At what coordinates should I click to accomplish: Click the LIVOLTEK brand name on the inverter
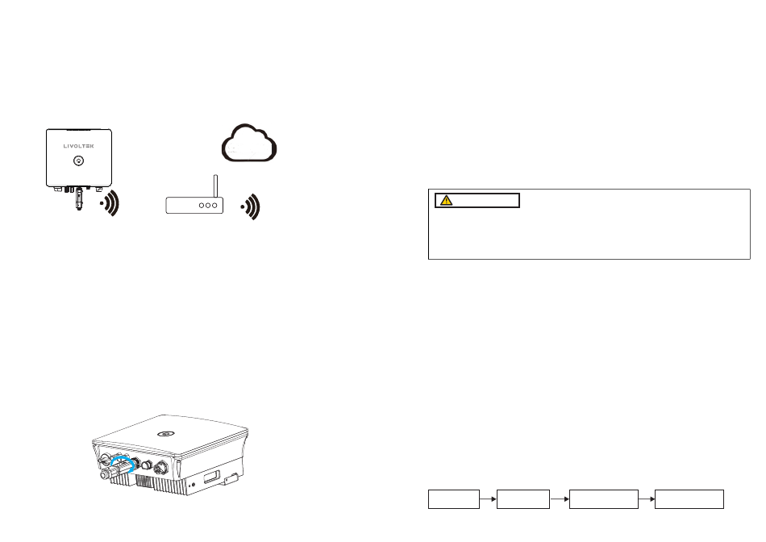point(77,146)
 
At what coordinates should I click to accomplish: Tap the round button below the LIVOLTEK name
point(77,161)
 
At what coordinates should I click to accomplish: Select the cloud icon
point(248,144)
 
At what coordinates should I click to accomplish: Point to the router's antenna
point(214,185)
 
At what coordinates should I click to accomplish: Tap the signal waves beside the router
point(253,206)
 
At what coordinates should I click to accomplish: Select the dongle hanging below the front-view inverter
point(78,199)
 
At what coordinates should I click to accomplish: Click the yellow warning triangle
point(444,200)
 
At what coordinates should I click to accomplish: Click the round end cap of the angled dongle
point(103,477)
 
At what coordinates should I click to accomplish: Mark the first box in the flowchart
point(453,499)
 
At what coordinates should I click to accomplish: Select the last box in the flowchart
point(689,499)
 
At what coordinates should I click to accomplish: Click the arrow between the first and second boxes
point(489,499)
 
